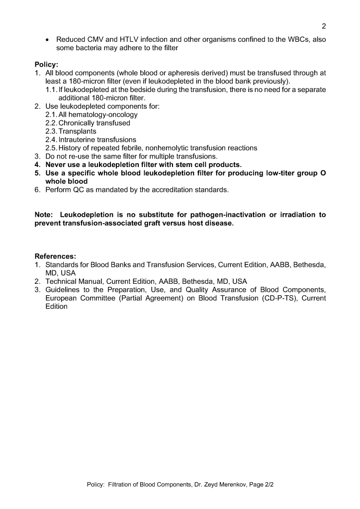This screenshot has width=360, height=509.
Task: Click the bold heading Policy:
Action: click(x=46, y=64)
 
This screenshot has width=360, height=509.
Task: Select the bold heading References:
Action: click(x=55, y=256)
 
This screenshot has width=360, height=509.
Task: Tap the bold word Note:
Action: click(x=44, y=215)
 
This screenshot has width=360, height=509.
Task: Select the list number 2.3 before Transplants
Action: click(x=51, y=131)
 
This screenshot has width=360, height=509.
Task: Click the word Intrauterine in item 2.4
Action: click(x=77, y=140)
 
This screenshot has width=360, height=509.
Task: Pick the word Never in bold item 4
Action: click(x=56, y=165)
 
